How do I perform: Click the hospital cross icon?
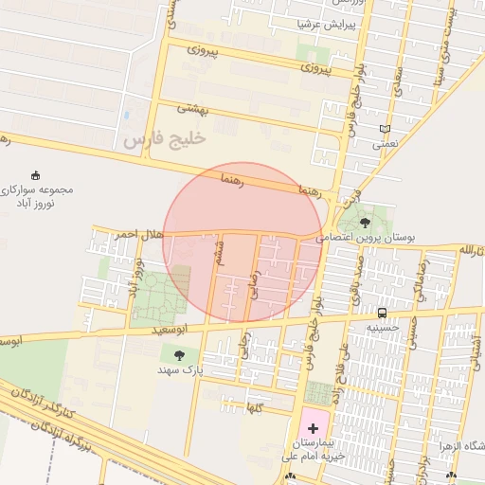314,429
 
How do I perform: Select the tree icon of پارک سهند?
179,355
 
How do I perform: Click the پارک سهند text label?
180,370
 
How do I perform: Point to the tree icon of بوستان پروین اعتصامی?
365,223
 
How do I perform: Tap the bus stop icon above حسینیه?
382,313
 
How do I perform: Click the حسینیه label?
382,327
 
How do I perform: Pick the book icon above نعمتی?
384,130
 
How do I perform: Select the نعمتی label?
385,145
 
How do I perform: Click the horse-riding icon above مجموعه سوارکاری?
37,174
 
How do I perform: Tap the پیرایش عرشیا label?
323,24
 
